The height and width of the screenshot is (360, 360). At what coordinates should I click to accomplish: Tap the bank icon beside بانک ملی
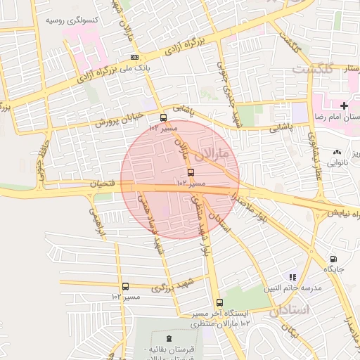[x=134, y=57]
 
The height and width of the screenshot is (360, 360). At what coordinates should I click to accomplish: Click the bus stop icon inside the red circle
[x=191, y=172]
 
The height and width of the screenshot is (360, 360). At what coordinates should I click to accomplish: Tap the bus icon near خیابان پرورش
[x=164, y=118]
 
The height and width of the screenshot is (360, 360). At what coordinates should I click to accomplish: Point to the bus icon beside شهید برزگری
[x=125, y=286]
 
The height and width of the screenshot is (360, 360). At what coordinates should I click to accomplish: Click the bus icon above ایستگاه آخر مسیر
[x=220, y=302]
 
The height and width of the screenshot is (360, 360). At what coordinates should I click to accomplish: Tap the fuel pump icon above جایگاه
[x=333, y=259]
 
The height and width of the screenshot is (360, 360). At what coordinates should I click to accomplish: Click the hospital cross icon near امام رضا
[x=343, y=105]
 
